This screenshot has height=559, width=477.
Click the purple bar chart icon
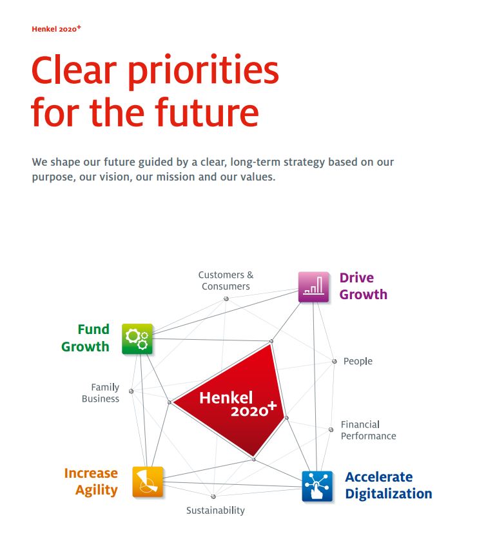pos(313,287)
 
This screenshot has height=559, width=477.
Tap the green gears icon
pos(137,339)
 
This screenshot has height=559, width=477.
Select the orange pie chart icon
pos(148,482)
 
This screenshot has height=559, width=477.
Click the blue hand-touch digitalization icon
pos(317,486)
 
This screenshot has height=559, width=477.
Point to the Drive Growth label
pos(364,286)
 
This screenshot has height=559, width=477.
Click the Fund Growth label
pos(85,338)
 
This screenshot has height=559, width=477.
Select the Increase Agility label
pos(91,482)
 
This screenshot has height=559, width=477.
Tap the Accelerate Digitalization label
pos(389,485)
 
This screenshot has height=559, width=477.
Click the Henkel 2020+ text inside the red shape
pos(238,404)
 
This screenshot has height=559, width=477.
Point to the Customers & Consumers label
pos(226,280)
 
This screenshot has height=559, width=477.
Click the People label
pos(358,362)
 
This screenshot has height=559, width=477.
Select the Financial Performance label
pos(368,430)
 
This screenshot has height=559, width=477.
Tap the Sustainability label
pos(215,511)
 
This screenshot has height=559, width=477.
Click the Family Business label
pos(101,393)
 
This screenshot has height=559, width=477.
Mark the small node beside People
pos(334,361)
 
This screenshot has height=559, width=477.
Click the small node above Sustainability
pos(213,496)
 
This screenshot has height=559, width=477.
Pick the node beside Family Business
pos(131,391)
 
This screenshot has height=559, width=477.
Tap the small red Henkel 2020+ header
pos(56,29)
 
